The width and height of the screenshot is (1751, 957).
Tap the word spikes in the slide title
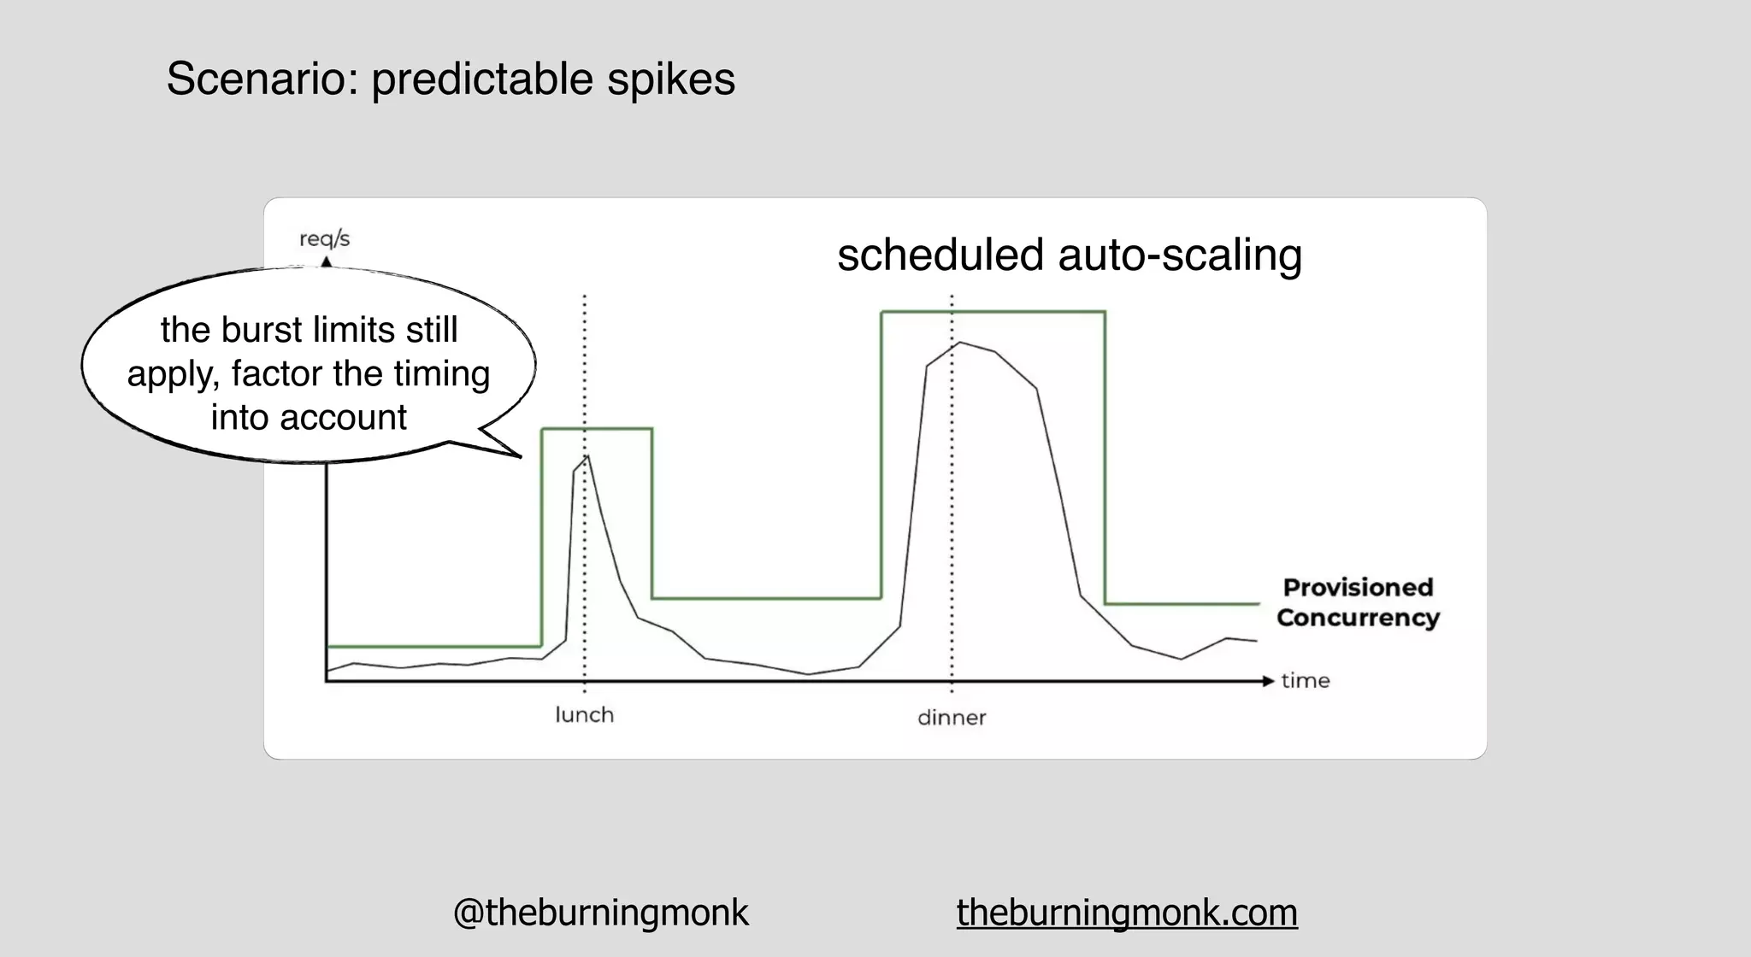tap(671, 79)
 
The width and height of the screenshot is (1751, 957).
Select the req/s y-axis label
tap(324, 238)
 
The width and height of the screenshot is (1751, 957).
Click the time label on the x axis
tap(1306, 681)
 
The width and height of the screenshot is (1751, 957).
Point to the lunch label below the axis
tap(585, 714)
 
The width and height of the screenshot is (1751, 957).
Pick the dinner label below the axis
tap(952, 718)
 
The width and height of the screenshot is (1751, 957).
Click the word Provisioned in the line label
tap(1358, 588)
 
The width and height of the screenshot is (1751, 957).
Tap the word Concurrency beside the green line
tap(1358, 618)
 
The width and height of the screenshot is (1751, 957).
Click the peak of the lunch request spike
tap(587, 456)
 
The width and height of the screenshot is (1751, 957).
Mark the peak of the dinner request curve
tap(960, 343)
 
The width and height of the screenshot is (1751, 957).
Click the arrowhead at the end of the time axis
tap(1269, 681)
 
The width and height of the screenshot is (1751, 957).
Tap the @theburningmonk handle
tap(600, 913)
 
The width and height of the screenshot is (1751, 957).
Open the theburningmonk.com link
tap(1127, 913)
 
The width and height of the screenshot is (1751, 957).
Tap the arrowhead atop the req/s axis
tap(326, 262)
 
